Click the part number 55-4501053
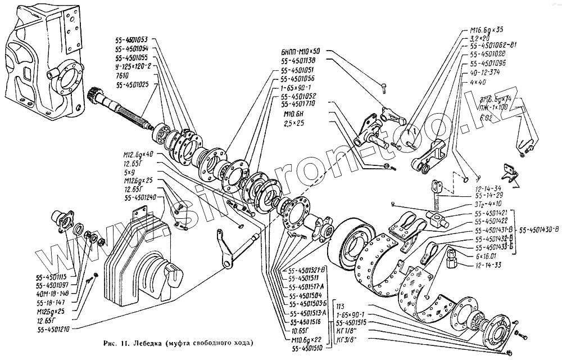132,40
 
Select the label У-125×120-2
133,66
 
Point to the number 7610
123,75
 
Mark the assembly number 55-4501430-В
539,229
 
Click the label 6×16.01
487,255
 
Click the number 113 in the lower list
340,306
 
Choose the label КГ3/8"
347,340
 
